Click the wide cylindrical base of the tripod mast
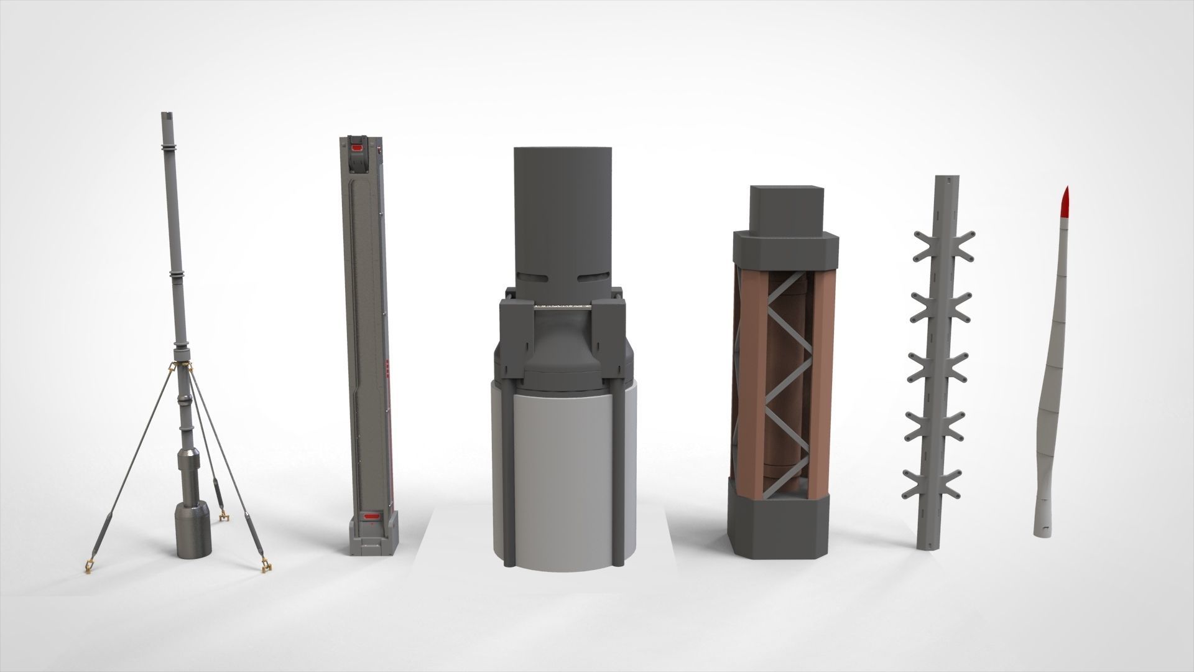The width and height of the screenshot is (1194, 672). (x=194, y=530)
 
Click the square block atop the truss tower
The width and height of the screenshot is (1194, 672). (x=786, y=208)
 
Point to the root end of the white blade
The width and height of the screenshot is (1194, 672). (x=1043, y=530)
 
